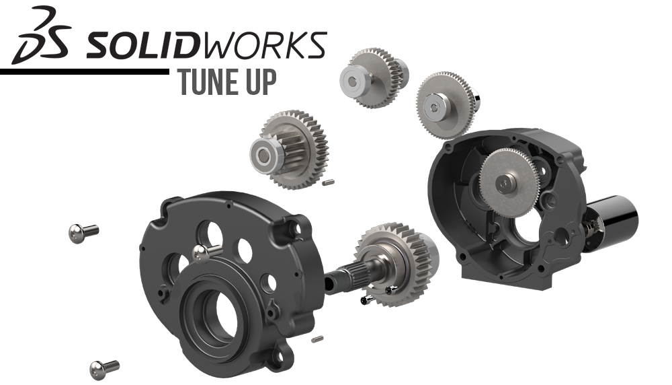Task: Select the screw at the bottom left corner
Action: point(103,368)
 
